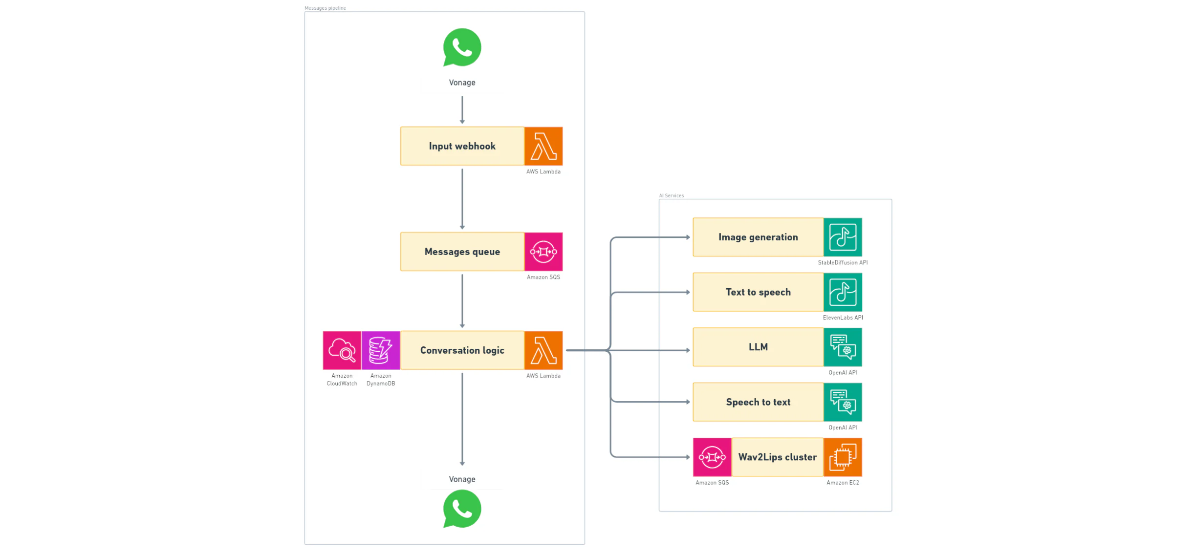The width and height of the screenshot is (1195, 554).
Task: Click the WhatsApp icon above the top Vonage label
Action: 462,47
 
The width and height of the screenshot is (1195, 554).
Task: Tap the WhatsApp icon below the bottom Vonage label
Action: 462,509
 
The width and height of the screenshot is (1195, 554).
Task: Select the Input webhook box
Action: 462,146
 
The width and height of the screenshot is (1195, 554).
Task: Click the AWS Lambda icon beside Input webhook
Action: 543,146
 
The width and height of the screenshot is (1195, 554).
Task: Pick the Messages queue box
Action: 462,252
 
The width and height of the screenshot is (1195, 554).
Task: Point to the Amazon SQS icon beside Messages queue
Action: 543,252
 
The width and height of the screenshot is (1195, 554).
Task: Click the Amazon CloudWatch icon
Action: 342,350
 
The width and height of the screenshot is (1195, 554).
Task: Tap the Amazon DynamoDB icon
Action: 381,350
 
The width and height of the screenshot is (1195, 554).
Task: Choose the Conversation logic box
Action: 462,350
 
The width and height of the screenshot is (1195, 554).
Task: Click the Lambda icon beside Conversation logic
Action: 543,350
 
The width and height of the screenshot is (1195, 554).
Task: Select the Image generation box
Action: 758,237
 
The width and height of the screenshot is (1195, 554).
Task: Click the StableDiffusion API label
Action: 843,263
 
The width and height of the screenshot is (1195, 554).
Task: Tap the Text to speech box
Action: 758,292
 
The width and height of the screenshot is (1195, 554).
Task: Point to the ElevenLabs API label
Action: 843,318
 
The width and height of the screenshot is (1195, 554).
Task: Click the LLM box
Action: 758,347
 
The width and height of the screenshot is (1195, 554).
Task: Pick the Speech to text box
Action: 758,402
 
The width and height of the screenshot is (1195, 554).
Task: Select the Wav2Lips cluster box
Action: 777,457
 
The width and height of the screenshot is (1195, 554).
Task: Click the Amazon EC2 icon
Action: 843,457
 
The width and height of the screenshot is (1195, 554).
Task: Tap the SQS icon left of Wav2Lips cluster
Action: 712,457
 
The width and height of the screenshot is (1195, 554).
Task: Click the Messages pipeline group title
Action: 325,8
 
